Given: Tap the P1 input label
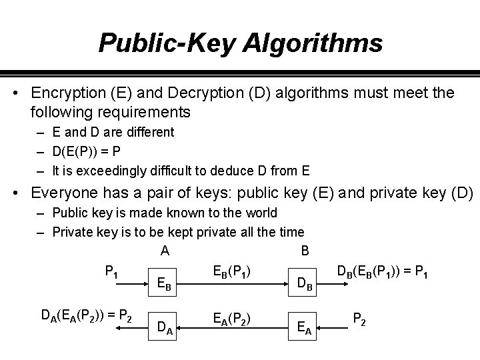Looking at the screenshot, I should coord(111,271).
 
